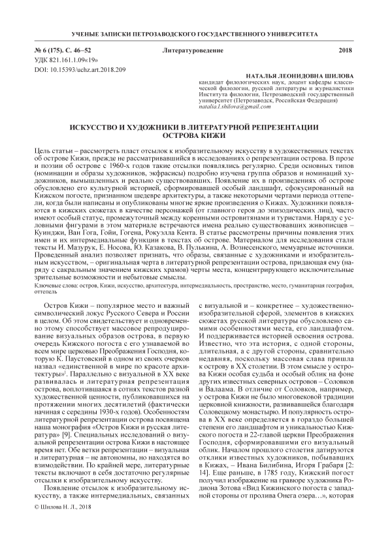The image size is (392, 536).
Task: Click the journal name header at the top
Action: pos(195,32)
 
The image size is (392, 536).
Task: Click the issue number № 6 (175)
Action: pos(52,50)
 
